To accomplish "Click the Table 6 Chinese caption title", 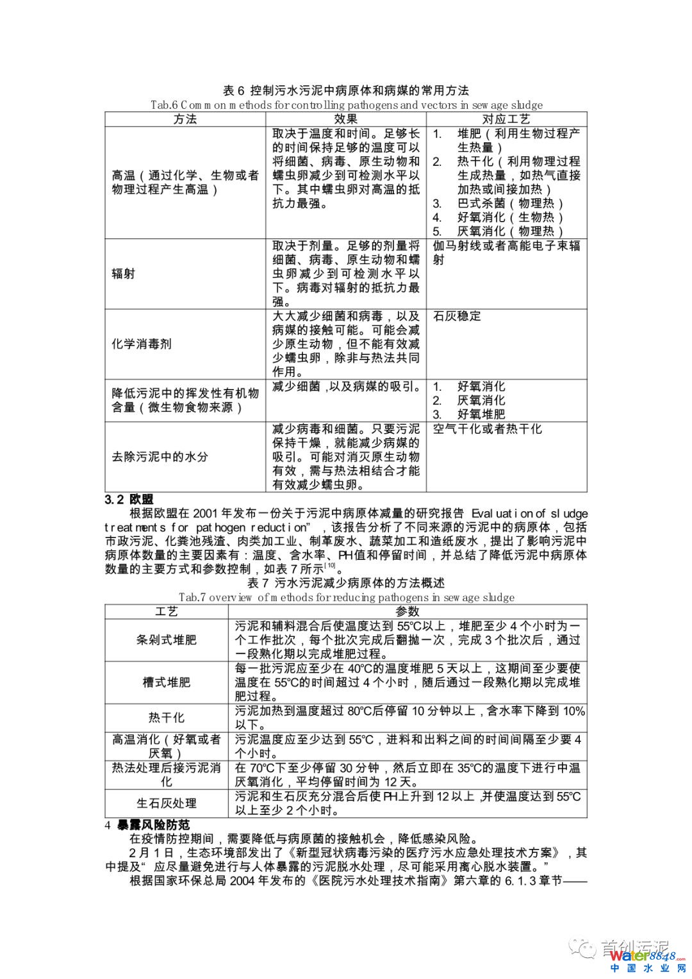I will tap(345, 90).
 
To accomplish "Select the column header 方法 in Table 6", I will tap(185, 119).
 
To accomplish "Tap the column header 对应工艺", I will tap(506, 119).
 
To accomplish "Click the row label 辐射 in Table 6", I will tap(123, 274).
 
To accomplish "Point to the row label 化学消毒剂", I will tap(142, 344).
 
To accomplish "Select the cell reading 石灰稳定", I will tap(457, 316).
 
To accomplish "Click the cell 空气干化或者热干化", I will tap(487, 429).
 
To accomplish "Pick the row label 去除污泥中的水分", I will tap(160, 457).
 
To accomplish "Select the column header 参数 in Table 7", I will tap(407, 611).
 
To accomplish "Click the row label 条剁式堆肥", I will tap(166, 639).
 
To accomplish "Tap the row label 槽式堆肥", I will tap(166, 682).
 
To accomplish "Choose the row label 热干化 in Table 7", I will tap(166, 718).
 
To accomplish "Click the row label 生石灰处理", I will tap(166, 803).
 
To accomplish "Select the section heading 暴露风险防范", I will tap(152, 825).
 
